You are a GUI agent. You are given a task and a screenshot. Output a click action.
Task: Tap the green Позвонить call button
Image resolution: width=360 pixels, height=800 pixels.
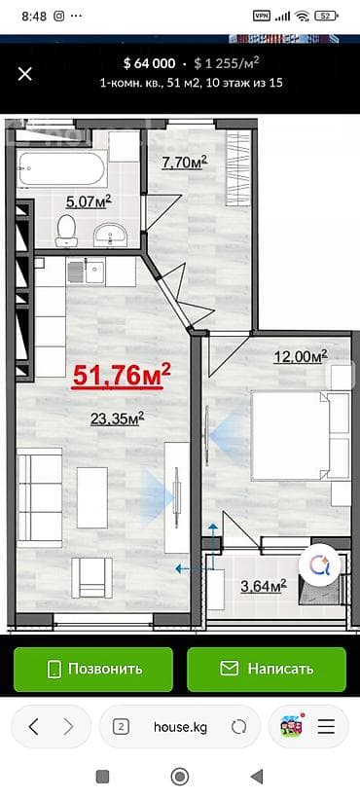tap(93, 669)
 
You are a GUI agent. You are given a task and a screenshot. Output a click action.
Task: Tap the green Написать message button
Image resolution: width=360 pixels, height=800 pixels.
tap(267, 669)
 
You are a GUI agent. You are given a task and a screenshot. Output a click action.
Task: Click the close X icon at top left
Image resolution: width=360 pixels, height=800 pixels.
tap(25, 73)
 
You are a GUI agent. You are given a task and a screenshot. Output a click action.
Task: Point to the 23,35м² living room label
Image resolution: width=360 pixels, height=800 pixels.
tap(117, 418)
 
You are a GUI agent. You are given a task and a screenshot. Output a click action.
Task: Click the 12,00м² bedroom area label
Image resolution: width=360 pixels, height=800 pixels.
tap(300, 356)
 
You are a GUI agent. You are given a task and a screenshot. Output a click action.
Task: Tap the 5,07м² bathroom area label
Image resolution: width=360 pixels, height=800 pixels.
tap(88, 201)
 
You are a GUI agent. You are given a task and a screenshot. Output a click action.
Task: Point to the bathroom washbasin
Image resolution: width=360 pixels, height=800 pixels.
tap(109, 234)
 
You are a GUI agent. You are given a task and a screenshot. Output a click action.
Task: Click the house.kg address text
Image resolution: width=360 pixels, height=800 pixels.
tap(180, 726)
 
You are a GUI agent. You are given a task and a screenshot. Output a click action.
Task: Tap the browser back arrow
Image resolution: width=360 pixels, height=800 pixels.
tap(35, 726)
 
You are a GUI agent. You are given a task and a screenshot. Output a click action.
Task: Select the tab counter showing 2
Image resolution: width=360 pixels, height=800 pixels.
tap(122, 726)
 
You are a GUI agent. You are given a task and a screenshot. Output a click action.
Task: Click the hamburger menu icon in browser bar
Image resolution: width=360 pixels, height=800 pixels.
tap(328, 726)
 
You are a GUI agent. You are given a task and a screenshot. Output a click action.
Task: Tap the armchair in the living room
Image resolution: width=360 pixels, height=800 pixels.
tap(94, 575)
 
